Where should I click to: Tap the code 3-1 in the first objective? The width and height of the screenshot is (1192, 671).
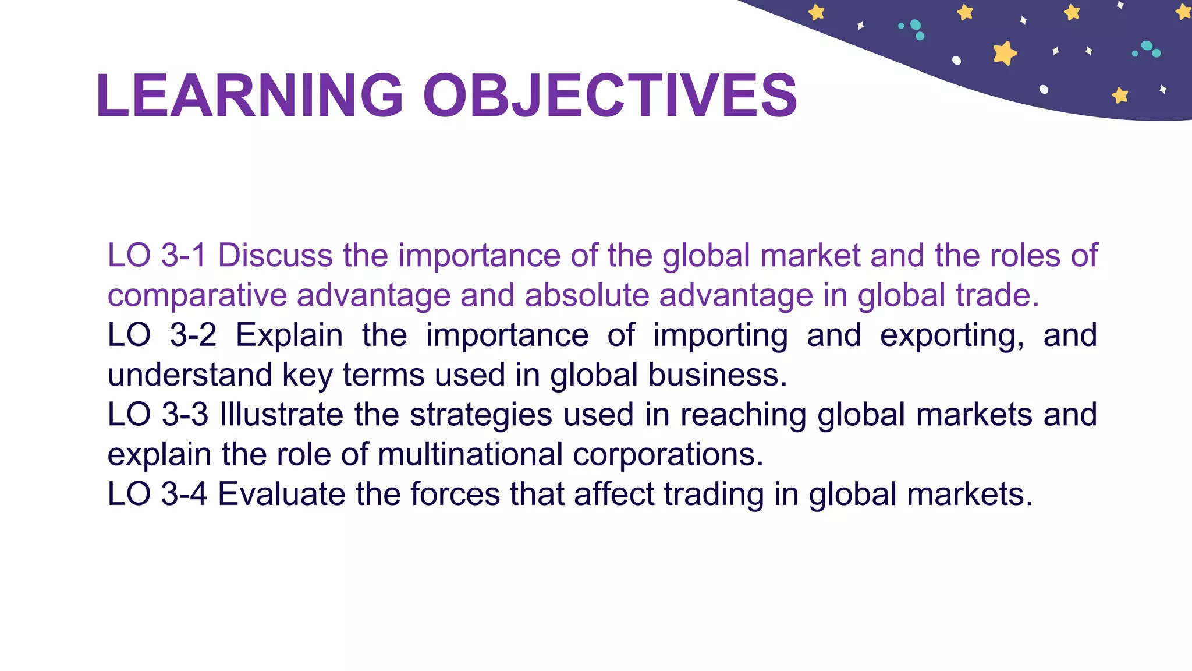tap(183, 255)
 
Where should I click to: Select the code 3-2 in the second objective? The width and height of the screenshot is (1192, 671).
tap(193, 335)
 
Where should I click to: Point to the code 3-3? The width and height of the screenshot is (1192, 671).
tap(185, 415)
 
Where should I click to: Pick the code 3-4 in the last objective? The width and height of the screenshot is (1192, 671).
tap(184, 494)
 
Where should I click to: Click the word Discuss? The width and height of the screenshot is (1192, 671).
tap(275, 255)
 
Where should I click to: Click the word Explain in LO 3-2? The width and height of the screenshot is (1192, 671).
tap(289, 335)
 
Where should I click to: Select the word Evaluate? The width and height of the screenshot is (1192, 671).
tap(281, 494)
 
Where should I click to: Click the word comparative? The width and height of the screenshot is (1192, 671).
tap(197, 295)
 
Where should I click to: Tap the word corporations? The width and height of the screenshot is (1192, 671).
tap(668, 454)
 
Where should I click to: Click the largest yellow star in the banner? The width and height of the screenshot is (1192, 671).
tap(1005, 53)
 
